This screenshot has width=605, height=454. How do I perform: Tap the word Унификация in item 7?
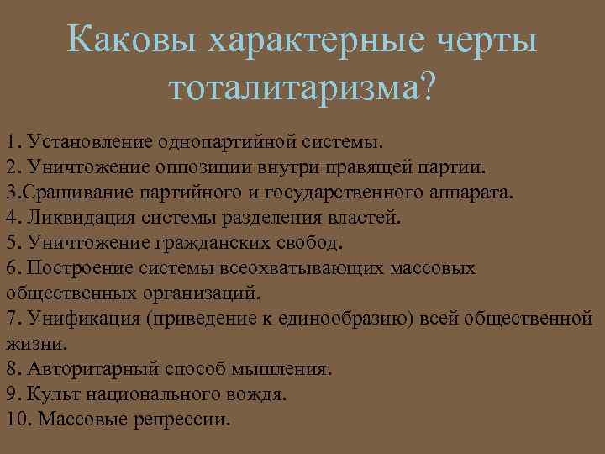[x=73, y=318]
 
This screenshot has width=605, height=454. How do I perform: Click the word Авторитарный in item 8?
[x=82, y=368]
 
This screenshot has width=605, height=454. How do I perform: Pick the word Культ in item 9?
[x=48, y=393]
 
